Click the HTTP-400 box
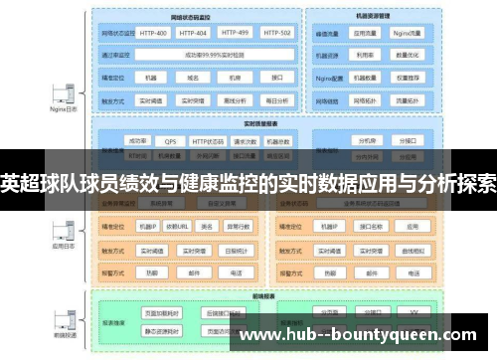click(154, 33)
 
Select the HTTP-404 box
click(195, 33)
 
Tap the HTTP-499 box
click(236, 33)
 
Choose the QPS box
click(171, 141)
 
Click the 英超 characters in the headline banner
click(22, 184)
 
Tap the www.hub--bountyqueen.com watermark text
click(364, 335)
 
